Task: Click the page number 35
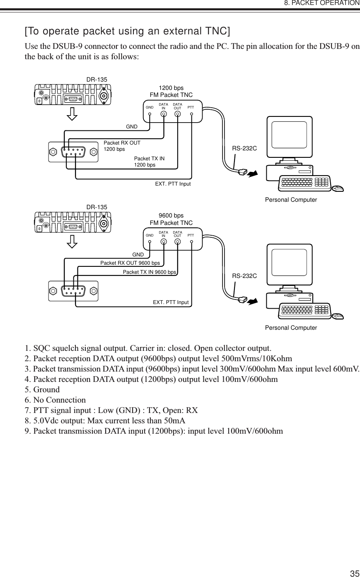pos(354,574)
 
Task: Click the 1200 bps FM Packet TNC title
pos(171,92)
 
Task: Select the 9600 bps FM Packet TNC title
pos(171,220)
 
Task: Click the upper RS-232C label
pos(244,147)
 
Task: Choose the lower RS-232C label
pos(244,275)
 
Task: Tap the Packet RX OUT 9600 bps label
pos(130,263)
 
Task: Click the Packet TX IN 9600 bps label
pos(150,272)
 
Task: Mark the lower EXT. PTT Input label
pos(171,302)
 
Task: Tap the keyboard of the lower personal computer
pos(305,310)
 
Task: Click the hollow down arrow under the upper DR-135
pos(72,113)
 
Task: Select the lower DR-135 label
pos(97,207)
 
